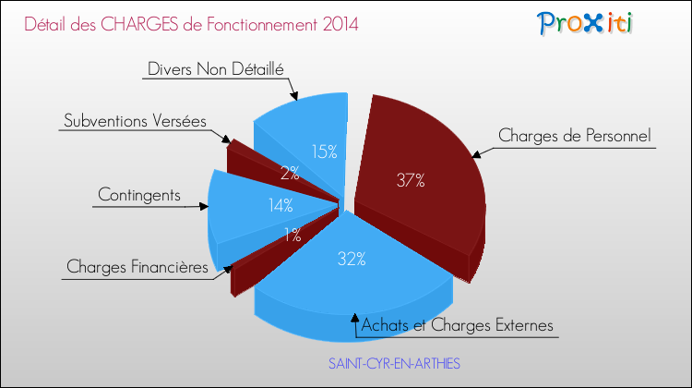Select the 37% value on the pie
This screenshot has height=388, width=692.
411,181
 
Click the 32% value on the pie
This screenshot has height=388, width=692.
351,260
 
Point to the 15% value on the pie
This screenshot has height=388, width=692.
323,152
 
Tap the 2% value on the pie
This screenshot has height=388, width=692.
290,171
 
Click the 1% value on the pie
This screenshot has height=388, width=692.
293,236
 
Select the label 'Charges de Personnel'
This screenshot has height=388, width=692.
575,136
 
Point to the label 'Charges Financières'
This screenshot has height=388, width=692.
137,268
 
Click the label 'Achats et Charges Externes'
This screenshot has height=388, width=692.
458,325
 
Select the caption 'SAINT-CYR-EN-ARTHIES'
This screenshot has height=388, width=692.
394,365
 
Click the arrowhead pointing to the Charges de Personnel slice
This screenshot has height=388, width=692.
474,154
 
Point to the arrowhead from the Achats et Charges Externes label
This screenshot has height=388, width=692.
355,319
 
